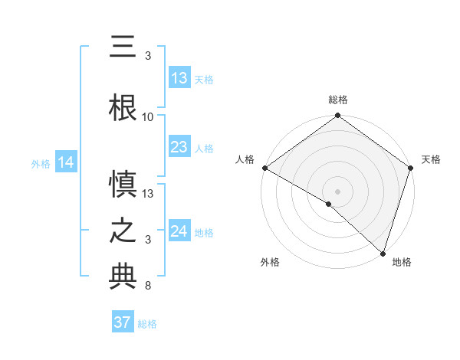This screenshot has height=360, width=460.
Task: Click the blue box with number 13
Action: point(179,78)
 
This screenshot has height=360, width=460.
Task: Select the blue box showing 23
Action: point(179,147)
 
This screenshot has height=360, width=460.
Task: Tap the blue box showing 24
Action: point(179,231)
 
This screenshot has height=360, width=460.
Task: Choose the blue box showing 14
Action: point(65,162)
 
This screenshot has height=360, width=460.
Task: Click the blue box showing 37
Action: point(122,322)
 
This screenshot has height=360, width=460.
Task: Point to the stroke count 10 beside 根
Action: point(148,116)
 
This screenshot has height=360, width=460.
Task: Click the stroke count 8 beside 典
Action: point(148,286)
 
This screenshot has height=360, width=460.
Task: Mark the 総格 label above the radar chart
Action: point(337,100)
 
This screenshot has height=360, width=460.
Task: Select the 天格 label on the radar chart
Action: point(432,159)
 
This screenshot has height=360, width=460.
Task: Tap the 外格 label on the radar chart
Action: point(270,262)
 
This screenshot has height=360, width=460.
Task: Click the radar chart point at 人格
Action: point(264,168)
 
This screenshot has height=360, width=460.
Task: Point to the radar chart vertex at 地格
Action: point(383,253)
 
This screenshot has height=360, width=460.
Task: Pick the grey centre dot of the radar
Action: point(337,191)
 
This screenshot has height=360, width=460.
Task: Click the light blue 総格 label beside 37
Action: point(147,324)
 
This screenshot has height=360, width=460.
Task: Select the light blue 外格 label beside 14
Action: point(41,163)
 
